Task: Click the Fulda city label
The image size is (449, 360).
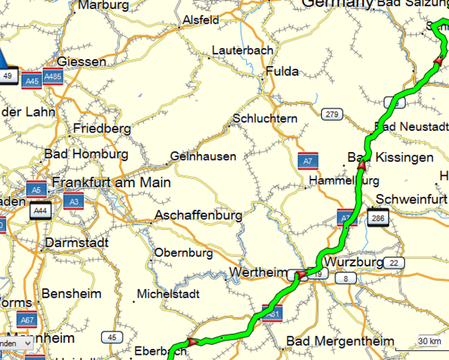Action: [x=281, y=72]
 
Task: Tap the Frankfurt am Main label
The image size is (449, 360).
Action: [x=111, y=183]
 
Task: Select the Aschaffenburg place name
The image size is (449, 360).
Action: [x=198, y=216]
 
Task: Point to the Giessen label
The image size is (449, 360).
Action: [x=82, y=61]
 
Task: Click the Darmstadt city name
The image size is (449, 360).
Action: [x=76, y=243]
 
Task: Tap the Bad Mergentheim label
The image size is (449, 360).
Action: [x=340, y=342]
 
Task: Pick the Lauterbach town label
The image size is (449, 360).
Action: [x=242, y=50]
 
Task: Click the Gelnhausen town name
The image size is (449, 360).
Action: [x=204, y=157]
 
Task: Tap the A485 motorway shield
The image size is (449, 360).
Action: [x=53, y=76]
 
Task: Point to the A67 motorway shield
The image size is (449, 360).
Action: [x=28, y=320]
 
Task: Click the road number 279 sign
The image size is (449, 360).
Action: [x=332, y=115]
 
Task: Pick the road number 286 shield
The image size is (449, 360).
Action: [x=377, y=219]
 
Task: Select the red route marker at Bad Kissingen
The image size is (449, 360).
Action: [x=360, y=171]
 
